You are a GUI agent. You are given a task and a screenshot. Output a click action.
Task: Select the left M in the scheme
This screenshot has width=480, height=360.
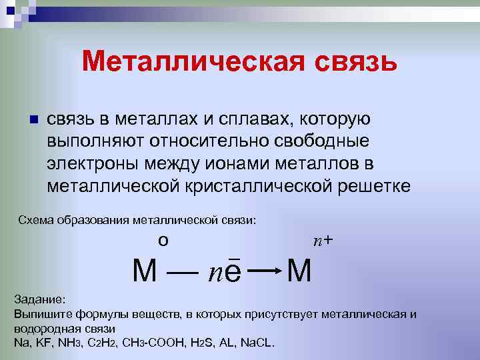[x=145, y=271]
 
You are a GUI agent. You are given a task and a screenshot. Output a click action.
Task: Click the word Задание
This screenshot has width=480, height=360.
[x=39, y=299]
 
